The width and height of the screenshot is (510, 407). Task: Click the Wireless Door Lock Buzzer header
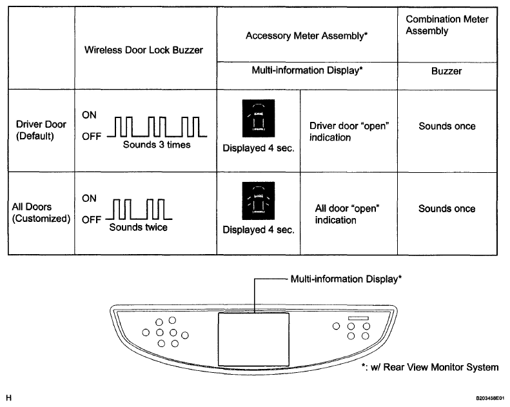tap(144, 50)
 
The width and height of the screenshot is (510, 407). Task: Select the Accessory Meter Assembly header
tap(306, 36)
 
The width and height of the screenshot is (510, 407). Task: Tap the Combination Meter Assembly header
tap(447, 25)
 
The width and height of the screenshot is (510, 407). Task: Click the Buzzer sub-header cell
tap(447, 71)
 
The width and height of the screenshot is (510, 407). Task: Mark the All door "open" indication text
tap(346, 214)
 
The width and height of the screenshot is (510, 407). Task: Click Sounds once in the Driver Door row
tap(447, 126)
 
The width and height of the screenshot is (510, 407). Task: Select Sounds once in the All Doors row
tap(447, 209)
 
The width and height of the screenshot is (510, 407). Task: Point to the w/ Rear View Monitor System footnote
tap(430, 367)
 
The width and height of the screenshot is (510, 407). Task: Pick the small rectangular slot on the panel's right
tap(358, 318)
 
